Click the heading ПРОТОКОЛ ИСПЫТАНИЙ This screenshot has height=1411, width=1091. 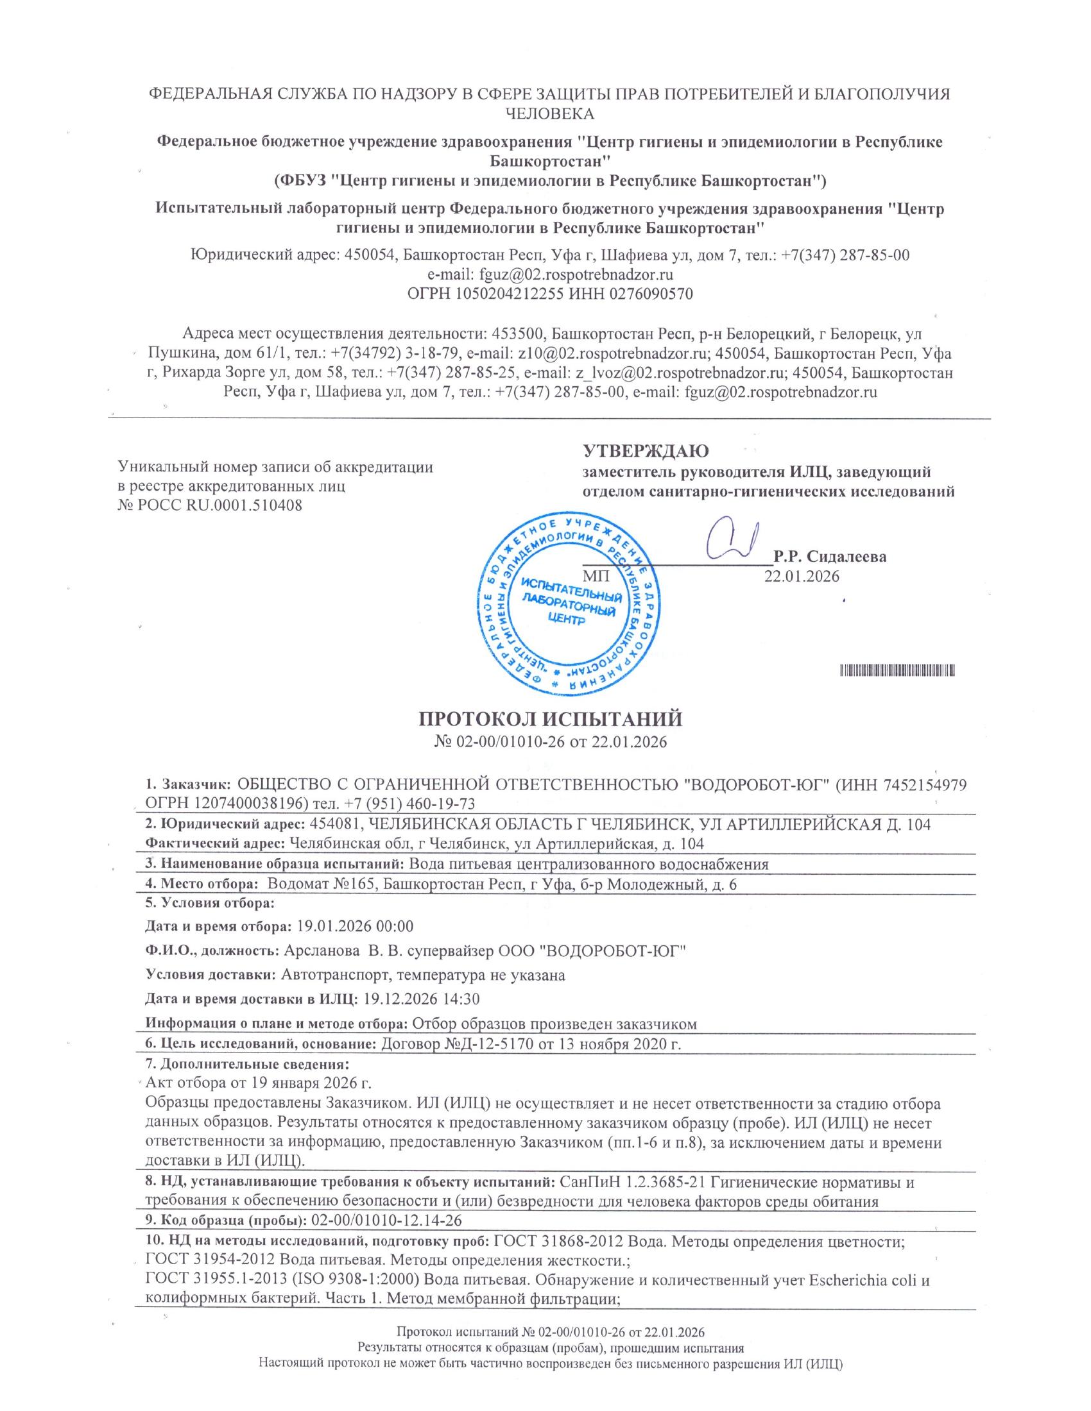551,719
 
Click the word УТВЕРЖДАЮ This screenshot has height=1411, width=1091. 646,450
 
